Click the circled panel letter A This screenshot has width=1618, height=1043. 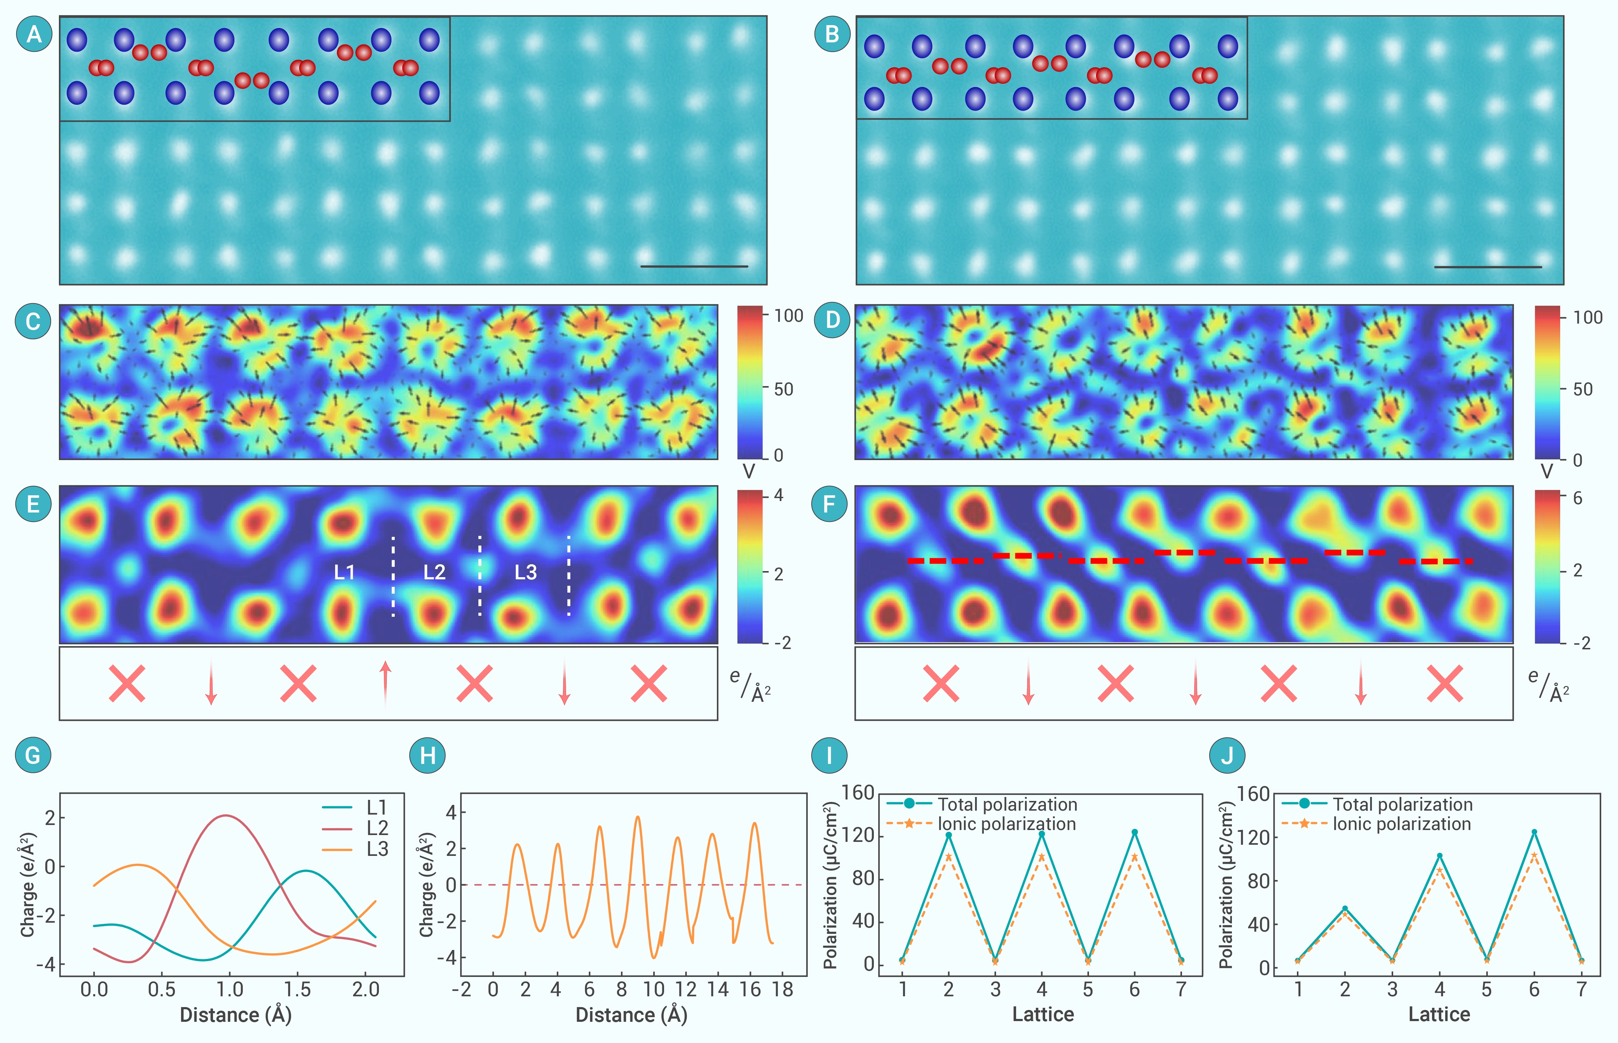pos(34,34)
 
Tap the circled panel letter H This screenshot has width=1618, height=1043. pos(427,755)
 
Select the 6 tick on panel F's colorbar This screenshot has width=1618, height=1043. pos(1577,499)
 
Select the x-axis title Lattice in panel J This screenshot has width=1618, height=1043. pos(1439,1015)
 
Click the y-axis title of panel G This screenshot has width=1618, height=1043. pos(27,885)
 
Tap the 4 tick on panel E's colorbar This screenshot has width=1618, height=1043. pos(779,495)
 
